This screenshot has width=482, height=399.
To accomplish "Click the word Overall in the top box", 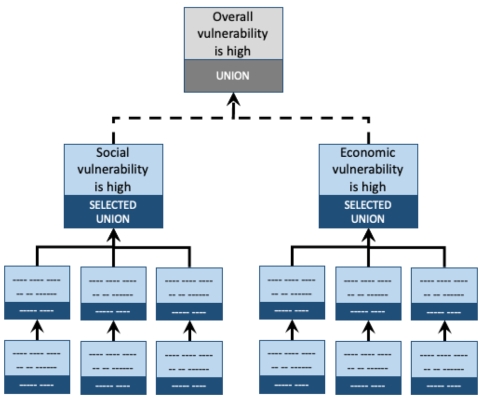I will [x=233, y=17].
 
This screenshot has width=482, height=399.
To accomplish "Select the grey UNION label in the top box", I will [x=233, y=76].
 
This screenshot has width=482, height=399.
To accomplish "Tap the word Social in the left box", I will [x=113, y=153].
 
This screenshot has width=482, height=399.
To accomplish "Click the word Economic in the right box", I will [x=368, y=153].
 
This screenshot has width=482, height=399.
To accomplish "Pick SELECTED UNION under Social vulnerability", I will [x=113, y=212].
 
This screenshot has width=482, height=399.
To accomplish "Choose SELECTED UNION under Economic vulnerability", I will [x=368, y=212].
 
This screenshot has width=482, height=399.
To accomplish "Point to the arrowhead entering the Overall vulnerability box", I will [x=233, y=99].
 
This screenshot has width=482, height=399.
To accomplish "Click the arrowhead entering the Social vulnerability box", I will [x=113, y=235].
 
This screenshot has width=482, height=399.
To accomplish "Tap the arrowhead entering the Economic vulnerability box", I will [x=368, y=235].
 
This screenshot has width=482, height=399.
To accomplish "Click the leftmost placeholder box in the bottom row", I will [x=37, y=366].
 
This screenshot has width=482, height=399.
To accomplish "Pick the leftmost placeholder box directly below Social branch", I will [x=37, y=292].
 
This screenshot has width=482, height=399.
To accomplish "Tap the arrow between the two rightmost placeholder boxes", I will [x=444, y=331].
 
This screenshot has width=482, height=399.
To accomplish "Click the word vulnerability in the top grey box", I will [x=233, y=34].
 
